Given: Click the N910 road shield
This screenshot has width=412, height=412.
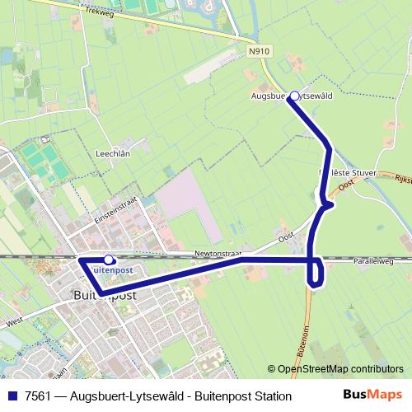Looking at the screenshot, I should [258, 51].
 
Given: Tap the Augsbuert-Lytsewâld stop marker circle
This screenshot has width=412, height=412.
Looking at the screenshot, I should [294, 96].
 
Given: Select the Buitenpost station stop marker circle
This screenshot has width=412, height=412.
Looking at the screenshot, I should [109, 260].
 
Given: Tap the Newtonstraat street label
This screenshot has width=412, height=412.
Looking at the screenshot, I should [218, 254].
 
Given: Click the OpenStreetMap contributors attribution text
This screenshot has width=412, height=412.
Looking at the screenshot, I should [335, 369].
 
